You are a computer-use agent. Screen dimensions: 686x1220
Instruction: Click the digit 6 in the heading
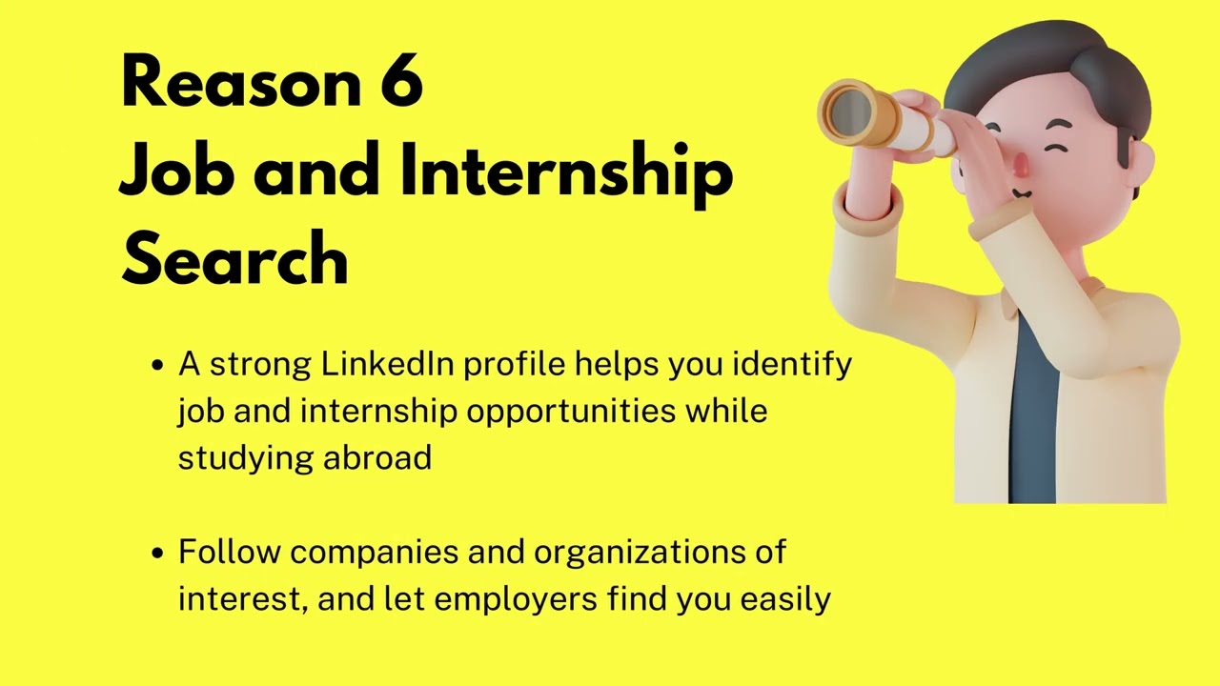[401, 82]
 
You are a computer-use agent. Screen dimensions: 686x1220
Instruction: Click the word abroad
[377, 457]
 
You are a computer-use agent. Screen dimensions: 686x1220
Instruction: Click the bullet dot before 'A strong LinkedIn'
[158, 366]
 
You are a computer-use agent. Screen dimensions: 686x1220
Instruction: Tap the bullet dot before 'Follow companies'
[158, 554]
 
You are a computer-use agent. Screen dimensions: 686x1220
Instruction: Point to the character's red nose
[1022, 166]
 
